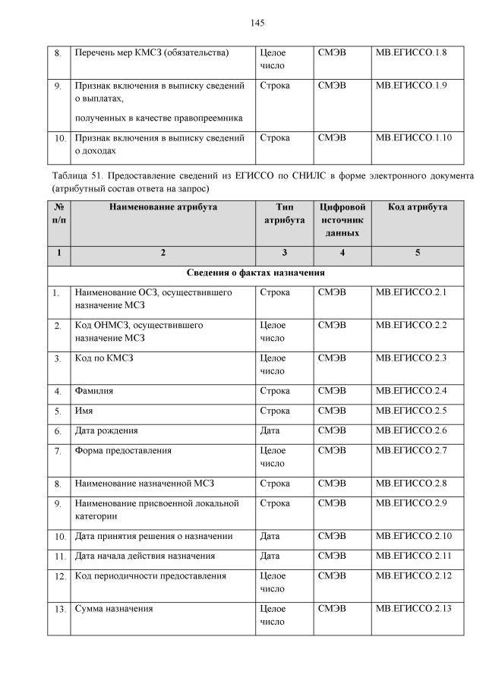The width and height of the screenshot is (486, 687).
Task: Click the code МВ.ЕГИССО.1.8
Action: point(411,54)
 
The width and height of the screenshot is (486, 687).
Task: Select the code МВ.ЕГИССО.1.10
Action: point(414,138)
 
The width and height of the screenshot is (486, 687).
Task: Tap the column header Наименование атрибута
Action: point(163,207)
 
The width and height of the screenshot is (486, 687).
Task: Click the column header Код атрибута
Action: point(418,207)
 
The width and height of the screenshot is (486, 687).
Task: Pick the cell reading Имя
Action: point(84,411)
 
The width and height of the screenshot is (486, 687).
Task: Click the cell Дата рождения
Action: point(106,430)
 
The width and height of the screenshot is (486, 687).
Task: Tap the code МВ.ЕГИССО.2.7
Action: point(411,450)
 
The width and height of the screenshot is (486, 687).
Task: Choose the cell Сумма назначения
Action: point(114,609)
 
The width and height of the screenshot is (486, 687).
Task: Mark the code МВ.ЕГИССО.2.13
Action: point(414,609)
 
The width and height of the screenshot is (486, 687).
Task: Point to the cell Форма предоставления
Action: point(123,450)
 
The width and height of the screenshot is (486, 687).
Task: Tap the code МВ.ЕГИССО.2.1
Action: point(411,292)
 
